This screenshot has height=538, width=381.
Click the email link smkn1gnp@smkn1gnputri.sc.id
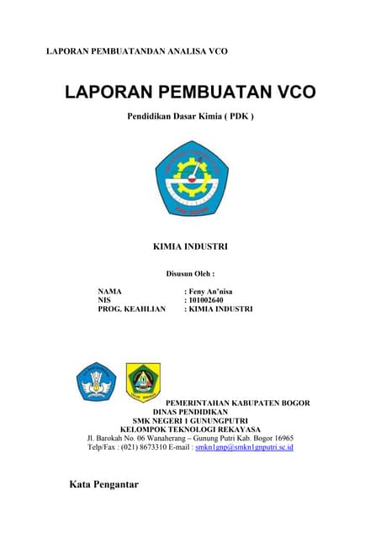click(x=244, y=448)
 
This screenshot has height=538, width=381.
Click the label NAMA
click(x=110, y=291)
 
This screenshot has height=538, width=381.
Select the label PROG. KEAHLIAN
click(x=132, y=309)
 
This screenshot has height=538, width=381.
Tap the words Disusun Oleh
click(x=190, y=273)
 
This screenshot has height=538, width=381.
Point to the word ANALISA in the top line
click(x=181, y=52)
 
